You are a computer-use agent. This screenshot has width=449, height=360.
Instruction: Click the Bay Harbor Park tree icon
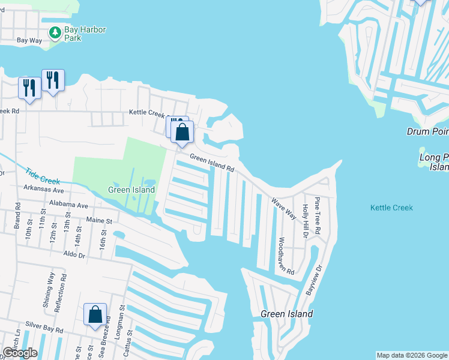55,31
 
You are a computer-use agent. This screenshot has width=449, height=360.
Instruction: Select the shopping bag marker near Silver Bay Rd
95,315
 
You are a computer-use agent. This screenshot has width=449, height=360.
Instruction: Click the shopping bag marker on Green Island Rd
182,131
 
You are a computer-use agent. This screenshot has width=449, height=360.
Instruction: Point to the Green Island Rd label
212,163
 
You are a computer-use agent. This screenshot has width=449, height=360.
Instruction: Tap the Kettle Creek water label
391,208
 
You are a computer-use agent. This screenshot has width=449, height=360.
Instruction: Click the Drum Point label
427,131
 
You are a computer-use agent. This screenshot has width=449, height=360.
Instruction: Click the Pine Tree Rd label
317,215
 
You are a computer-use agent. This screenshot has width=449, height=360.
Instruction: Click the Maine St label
100,221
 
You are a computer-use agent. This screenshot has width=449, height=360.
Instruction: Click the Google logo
19,353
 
